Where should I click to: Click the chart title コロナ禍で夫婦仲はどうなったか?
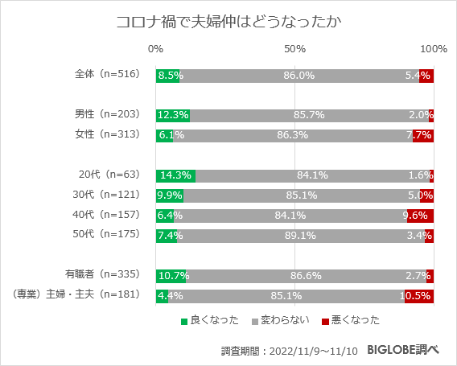(x=228, y=21)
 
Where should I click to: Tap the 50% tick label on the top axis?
(x=295, y=50)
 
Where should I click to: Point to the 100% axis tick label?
(x=434, y=50)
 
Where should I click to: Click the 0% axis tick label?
(x=156, y=50)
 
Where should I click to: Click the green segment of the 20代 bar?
(x=175, y=175)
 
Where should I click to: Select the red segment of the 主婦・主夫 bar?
(x=419, y=296)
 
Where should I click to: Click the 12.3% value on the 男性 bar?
(x=173, y=115)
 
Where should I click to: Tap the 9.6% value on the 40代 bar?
(x=420, y=216)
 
